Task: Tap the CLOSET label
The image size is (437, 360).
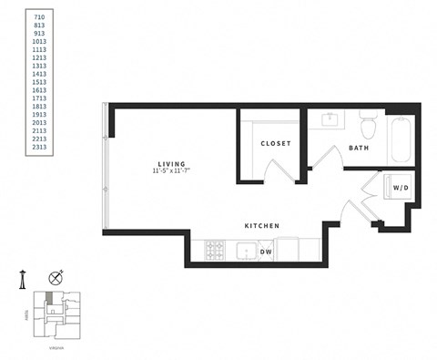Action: pyautogui.click(x=275, y=144)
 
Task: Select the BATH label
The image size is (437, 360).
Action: pyautogui.click(x=358, y=148)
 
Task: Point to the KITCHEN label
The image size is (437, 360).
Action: pyautogui.click(x=261, y=226)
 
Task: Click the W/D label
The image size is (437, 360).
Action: pyautogui.click(x=400, y=188)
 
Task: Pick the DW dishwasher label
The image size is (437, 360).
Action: pyautogui.click(x=265, y=251)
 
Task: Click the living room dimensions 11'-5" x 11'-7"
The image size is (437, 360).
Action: pyautogui.click(x=170, y=170)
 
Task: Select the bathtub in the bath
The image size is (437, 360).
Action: pyautogui.click(x=400, y=140)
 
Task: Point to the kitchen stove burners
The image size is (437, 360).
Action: pyautogui.click(x=215, y=249)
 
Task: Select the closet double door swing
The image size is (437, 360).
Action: pyautogui.click(x=275, y=170)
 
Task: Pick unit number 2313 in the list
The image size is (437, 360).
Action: pyautogui.click(x=39, y=146)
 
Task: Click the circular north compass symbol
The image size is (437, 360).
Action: pyautogui.click(x=57, y=278)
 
